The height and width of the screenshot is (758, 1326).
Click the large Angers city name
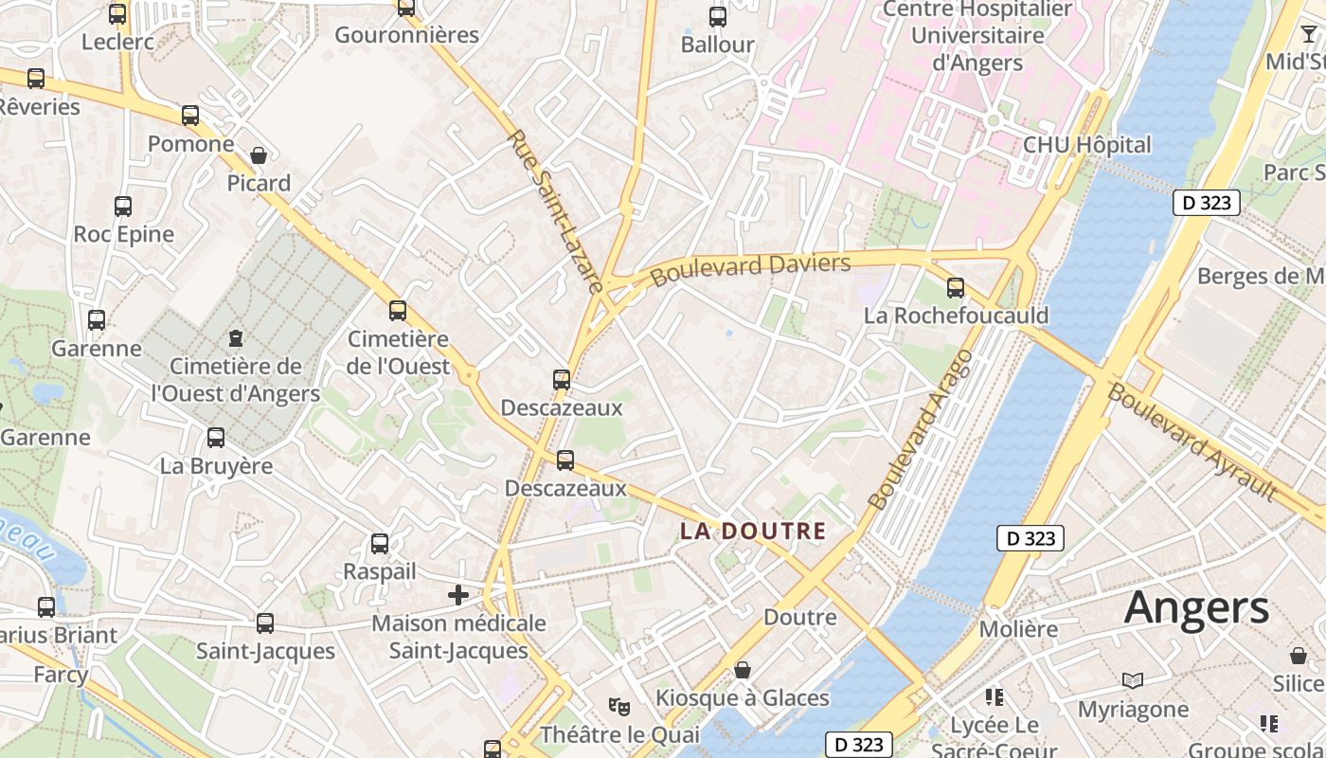click(x=1196, y=608)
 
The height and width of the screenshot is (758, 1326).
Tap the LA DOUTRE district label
click(x=753, y=532)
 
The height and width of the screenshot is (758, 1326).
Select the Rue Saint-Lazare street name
click(x=555, y=211)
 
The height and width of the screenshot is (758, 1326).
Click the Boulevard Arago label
click(x=920, y=429)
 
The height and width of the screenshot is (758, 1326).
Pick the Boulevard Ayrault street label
click(x=1192, y=441)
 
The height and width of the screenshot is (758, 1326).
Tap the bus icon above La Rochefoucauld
click(x=956, y=288)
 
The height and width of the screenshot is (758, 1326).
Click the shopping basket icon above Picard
click(x=259, y=155)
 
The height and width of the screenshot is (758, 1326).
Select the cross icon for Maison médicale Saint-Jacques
click(x=458, y=595)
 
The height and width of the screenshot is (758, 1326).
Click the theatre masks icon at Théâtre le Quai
click(x=619, y=706)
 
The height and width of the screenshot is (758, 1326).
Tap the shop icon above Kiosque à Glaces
click(x=743, y=671)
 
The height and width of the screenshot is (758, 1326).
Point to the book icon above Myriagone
click(x=1132, y=680)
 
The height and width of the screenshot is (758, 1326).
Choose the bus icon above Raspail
click(x=380, y=544)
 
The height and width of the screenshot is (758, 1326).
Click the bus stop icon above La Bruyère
click(x=216, y=438)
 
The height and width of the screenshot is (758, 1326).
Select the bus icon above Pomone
click(x=190, y=116)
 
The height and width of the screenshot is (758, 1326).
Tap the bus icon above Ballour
click(x=718, y=16)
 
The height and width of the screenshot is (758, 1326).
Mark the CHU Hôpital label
click(x=1086, y=145)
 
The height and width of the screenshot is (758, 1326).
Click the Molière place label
click(x=1018, y=629)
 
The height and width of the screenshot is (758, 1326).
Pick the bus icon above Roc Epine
click(x=123, y=207)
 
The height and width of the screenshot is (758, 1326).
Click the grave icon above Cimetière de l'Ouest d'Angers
click(x=236, y=338)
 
